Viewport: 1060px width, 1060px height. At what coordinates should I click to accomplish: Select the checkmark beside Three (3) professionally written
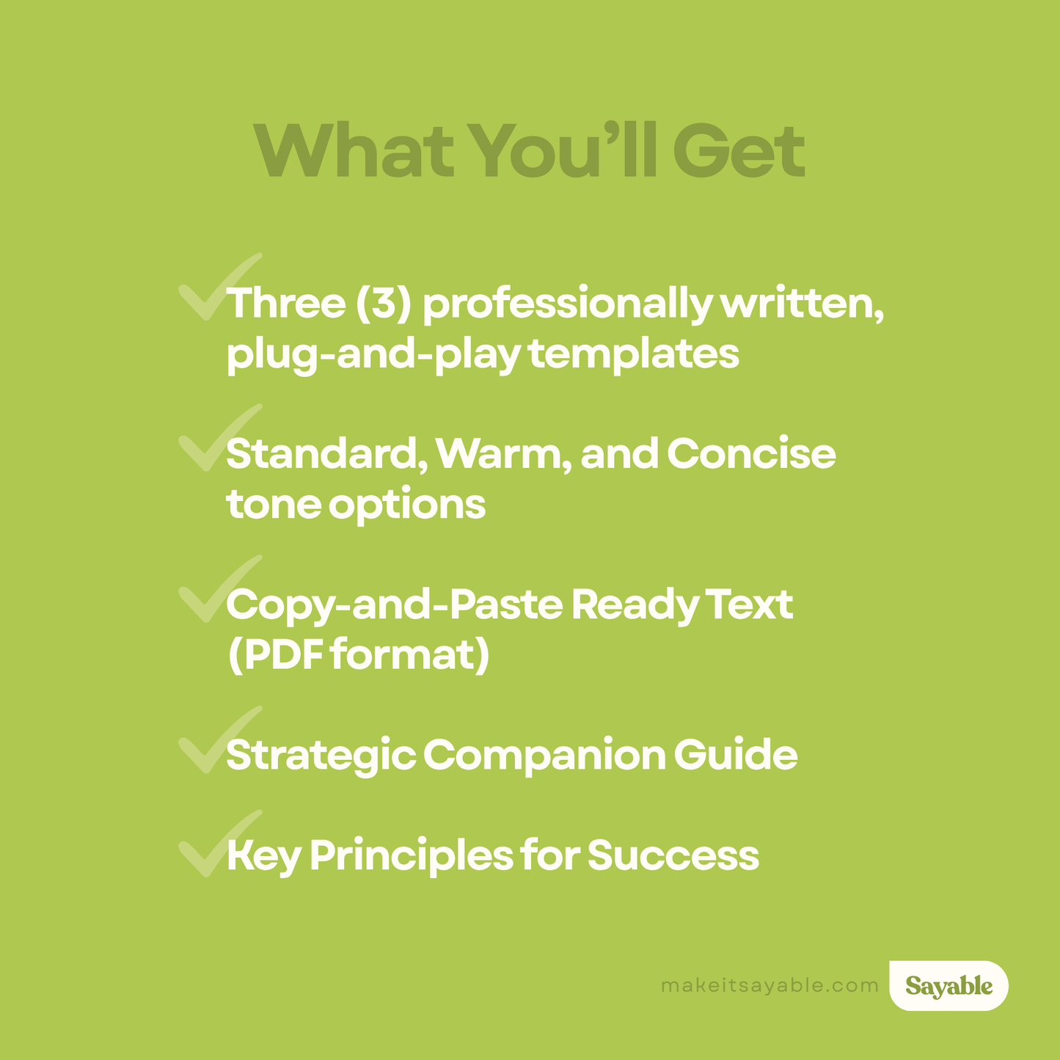[x=213, y=290]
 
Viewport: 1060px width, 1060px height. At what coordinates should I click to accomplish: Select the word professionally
[x=566, y=304]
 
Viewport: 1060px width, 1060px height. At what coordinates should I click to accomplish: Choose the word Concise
[x=751, y=454]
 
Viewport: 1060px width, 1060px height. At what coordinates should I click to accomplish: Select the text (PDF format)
[x=358, y=655]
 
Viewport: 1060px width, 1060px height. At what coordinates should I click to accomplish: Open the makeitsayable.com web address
[x=770, y=985]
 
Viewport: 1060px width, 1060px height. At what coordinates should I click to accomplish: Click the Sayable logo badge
[x=948, y=986]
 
